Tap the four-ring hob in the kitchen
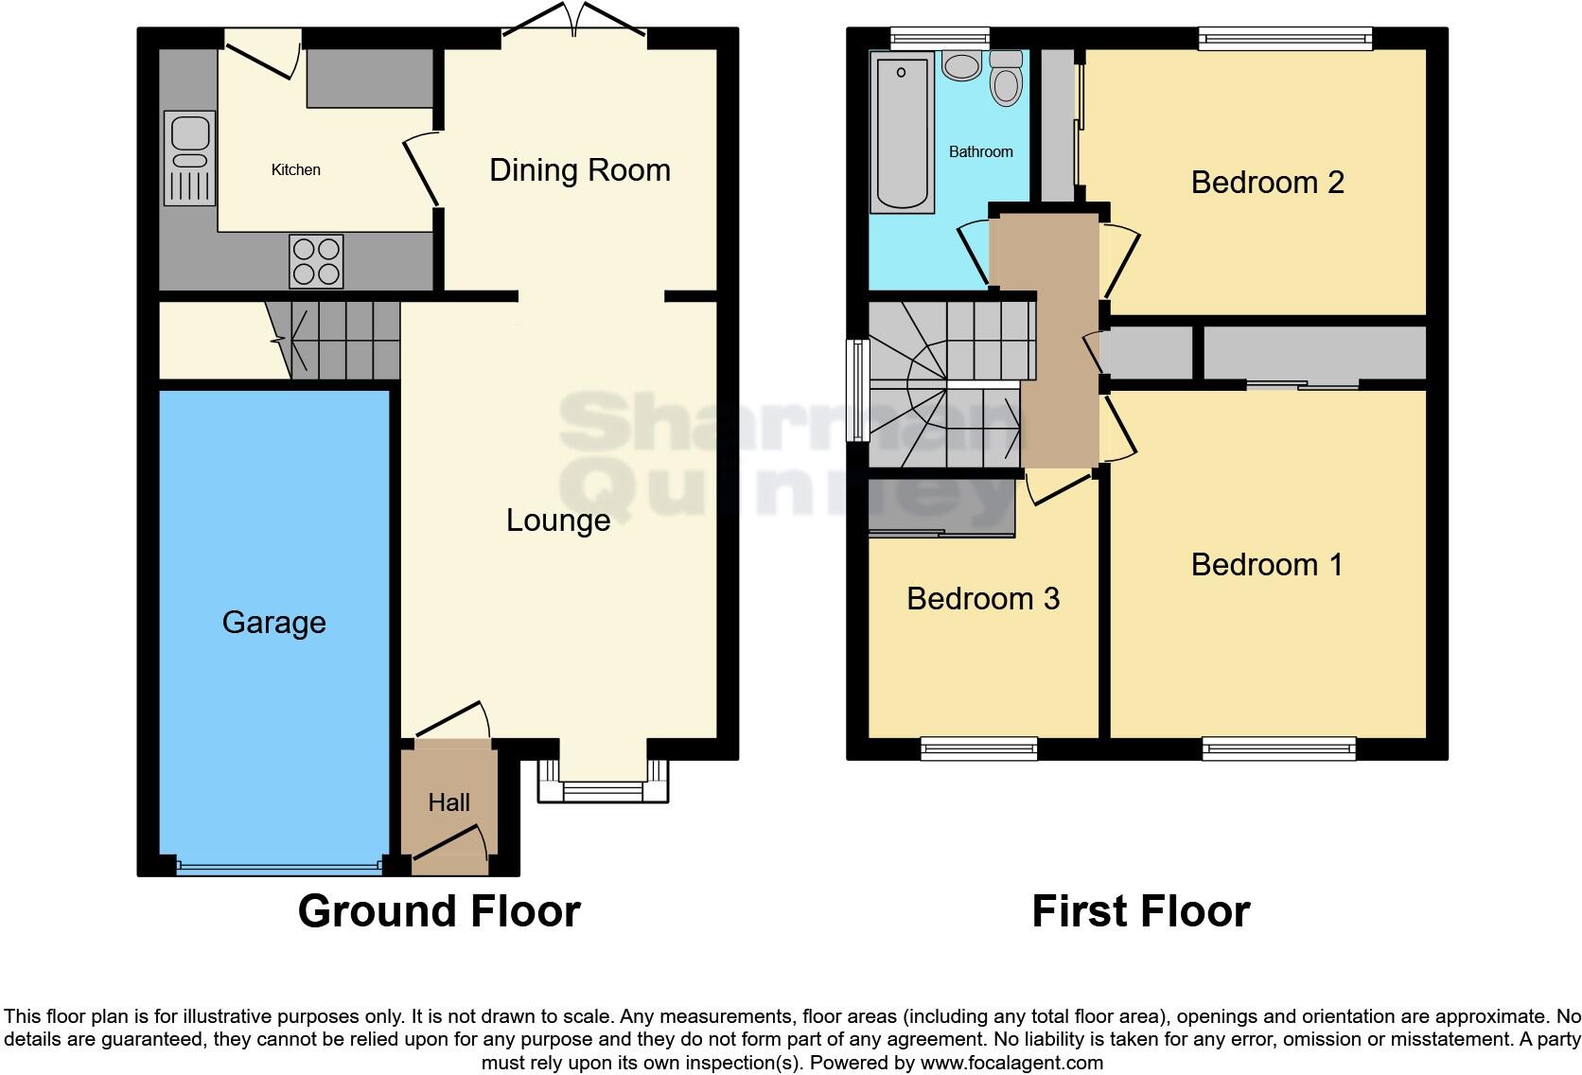316,261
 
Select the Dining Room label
579,170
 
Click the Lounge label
557,520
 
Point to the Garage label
273,623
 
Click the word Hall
448,802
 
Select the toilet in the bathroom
1006,80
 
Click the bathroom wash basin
961,66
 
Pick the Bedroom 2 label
1267,182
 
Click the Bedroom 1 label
1266,565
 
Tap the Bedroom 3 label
982,599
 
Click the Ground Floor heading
439,911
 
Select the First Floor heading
1140,911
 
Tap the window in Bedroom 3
979,749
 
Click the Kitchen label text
295,170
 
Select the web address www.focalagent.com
1011,1063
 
